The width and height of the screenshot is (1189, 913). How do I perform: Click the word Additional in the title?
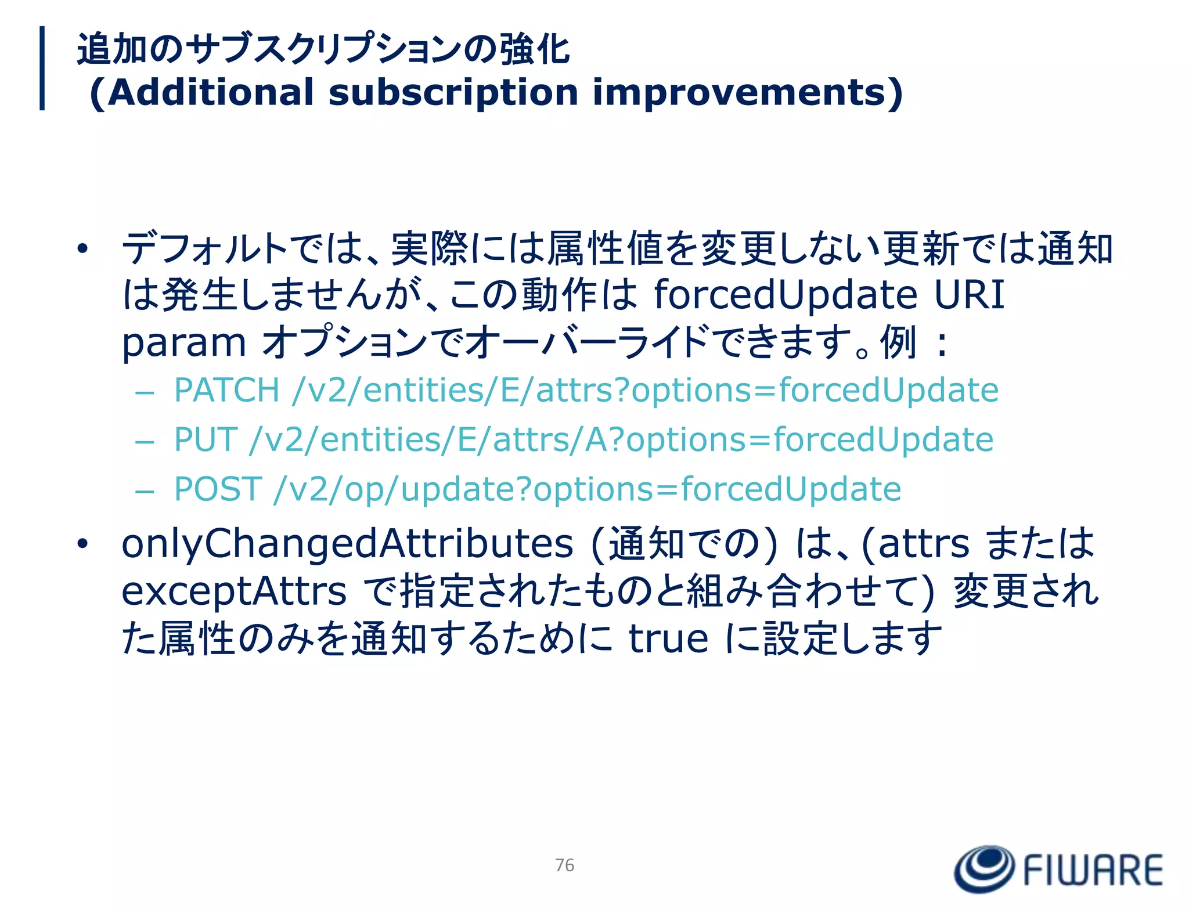[x=210, y=93]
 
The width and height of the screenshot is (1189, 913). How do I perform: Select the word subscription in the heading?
[x=453, y=93]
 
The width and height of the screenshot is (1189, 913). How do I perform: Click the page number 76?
[x=564, y=865]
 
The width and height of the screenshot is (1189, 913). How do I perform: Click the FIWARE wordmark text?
[x=1093, y=870]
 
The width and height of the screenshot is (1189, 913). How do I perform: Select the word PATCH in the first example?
[x=227, y=389]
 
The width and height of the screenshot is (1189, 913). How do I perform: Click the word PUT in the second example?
[x=206, y=439]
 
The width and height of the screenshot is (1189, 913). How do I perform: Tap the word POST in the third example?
[x=218, y=489]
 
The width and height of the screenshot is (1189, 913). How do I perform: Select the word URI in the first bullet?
[x=969, y=294]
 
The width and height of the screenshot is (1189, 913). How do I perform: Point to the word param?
[x=184, y=342]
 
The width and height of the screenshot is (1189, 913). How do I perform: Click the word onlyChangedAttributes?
[x=347, y=544]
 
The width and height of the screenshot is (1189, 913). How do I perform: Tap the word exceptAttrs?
[x=234, y=591]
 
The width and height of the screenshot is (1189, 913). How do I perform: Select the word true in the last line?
[x=668, y=638]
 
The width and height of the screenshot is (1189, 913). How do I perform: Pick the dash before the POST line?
[x=144, y=490]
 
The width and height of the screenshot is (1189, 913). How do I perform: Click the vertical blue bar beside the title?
[x=42, y=68]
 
